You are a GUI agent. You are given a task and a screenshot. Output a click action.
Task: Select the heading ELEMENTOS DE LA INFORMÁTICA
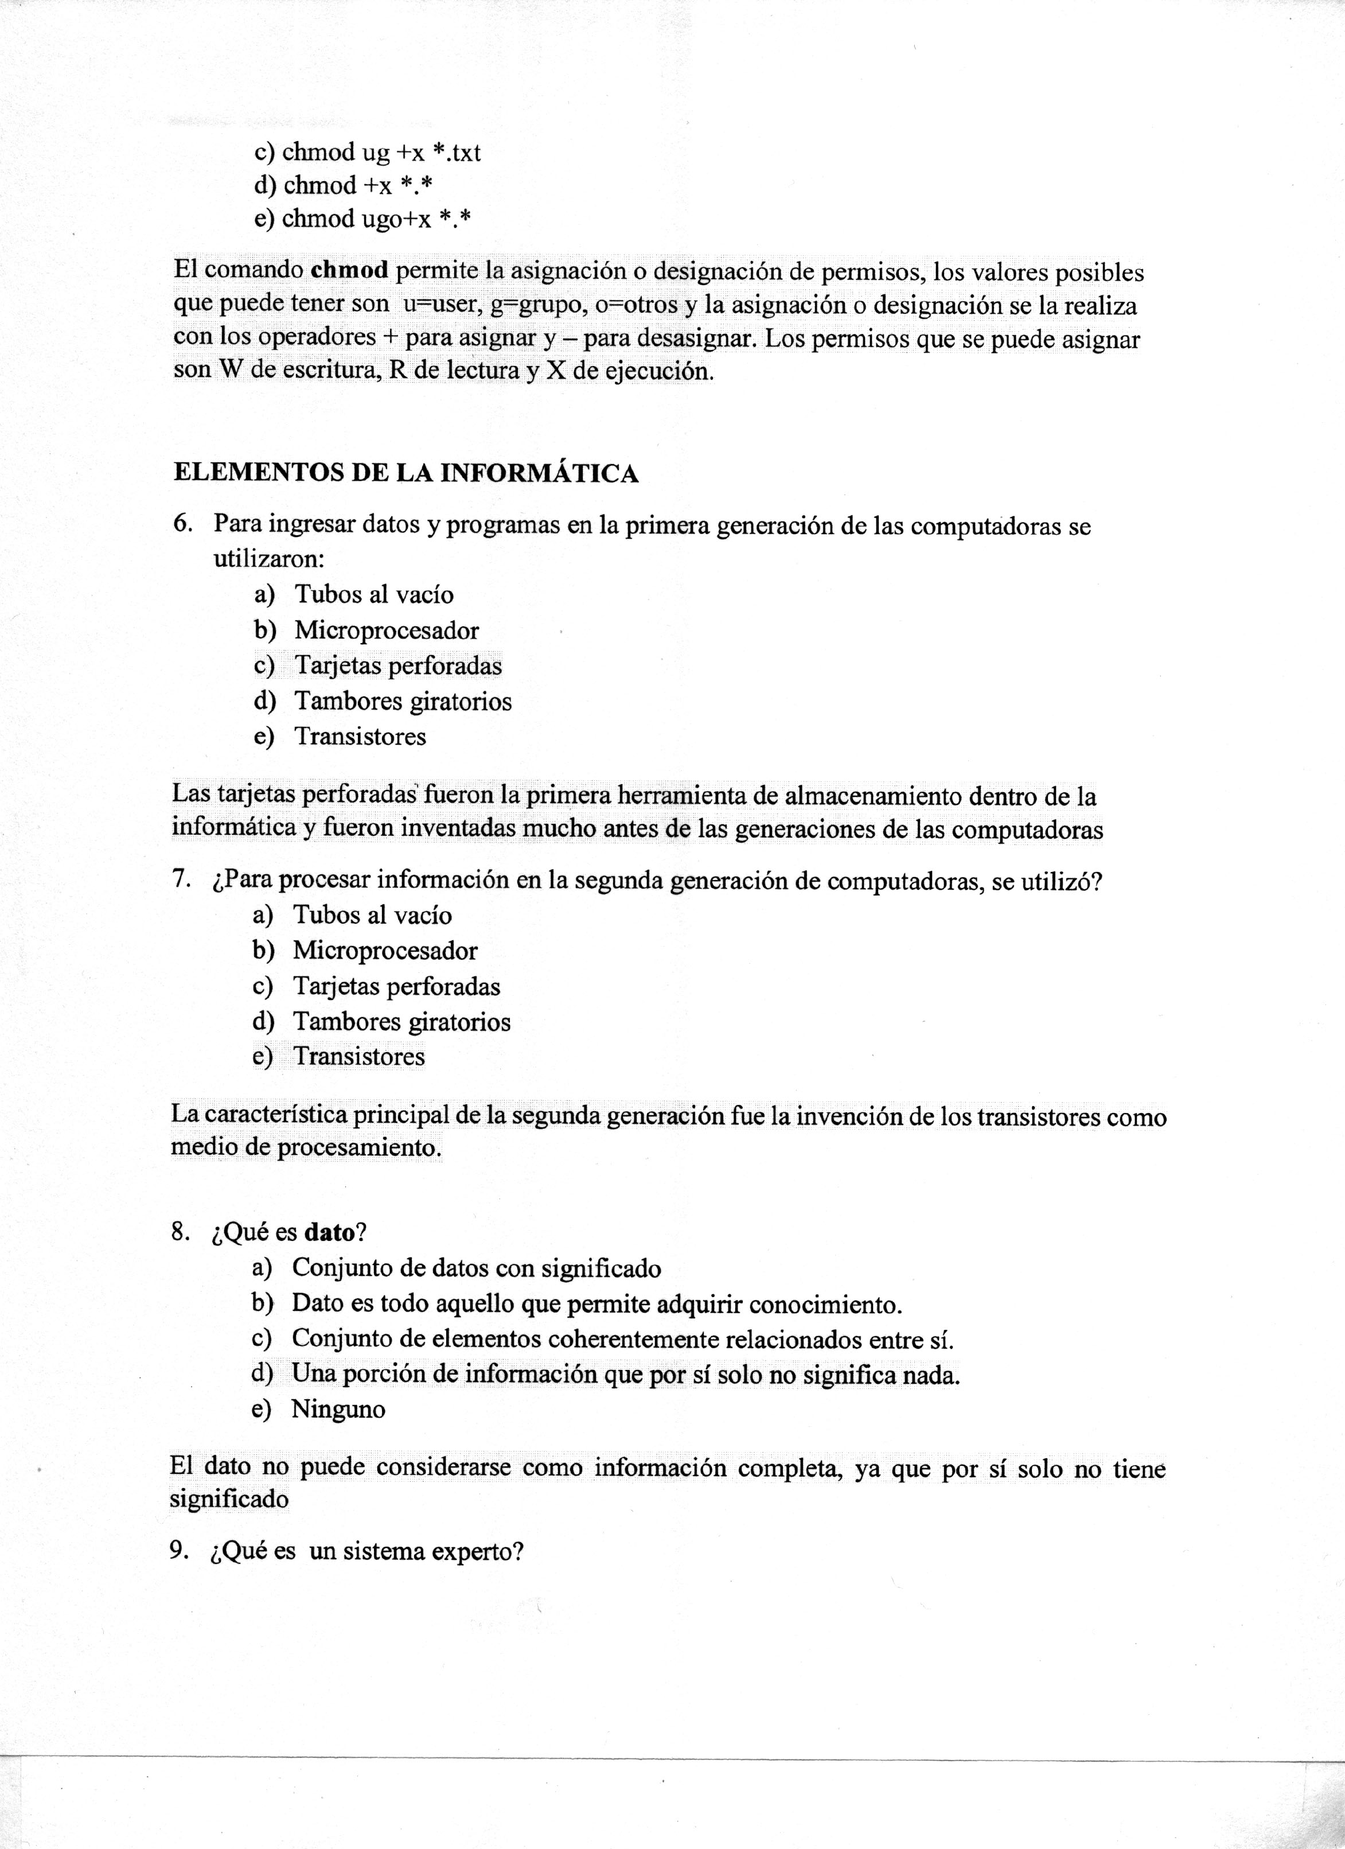406,474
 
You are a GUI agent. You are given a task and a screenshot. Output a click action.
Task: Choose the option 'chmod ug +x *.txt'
368,153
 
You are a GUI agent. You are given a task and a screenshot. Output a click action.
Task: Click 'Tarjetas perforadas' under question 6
398,666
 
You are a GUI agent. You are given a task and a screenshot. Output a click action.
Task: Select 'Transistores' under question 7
358,1057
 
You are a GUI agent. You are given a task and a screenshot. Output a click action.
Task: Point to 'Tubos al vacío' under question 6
373,594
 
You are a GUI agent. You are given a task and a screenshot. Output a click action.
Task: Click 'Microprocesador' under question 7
385,951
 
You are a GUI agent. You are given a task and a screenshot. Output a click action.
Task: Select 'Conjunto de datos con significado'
476,1268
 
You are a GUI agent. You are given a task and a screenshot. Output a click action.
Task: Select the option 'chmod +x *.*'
342,186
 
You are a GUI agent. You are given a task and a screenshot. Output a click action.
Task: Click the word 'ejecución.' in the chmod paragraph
652,372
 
